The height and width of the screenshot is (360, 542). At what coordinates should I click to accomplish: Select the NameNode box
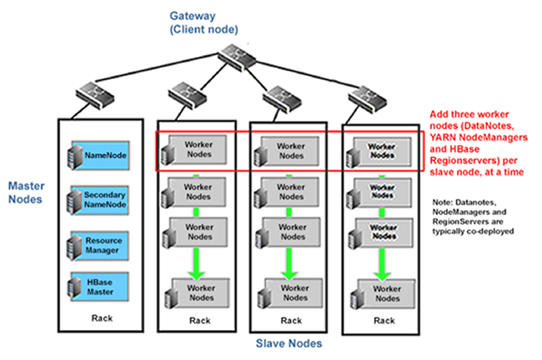pyautogui.click(x=104, y=154)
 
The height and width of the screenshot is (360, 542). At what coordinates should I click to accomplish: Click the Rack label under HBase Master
pyautogui.click(x=98, y=318)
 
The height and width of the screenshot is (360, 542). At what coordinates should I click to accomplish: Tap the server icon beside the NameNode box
pyautogui.click(x=75, y=155)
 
